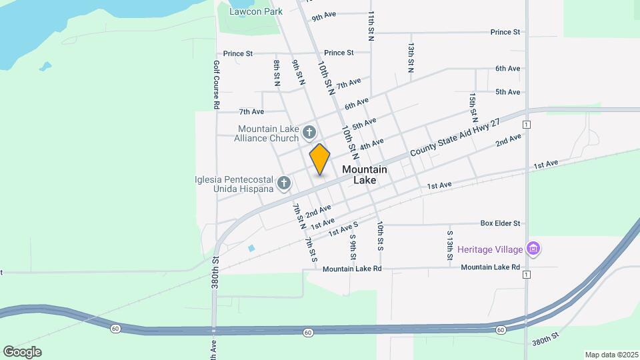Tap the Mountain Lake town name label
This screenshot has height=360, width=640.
tap(364, 175)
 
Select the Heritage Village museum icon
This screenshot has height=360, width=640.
tap(533, 249)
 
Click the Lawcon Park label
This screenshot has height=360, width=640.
tap(256, 11)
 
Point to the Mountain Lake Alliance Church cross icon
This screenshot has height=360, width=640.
tap(309, 133)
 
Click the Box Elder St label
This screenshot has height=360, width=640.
tap(500, 223)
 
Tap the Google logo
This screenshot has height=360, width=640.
tap(22, 351)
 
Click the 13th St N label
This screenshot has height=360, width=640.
tap(412, 57)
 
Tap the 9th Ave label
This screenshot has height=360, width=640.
tap(323, 15)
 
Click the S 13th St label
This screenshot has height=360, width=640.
tap(450, 244)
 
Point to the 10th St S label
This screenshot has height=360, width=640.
tap(379, 236)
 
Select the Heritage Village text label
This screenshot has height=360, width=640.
tap(489, 249)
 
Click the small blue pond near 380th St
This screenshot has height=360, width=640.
tap(251, 248)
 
